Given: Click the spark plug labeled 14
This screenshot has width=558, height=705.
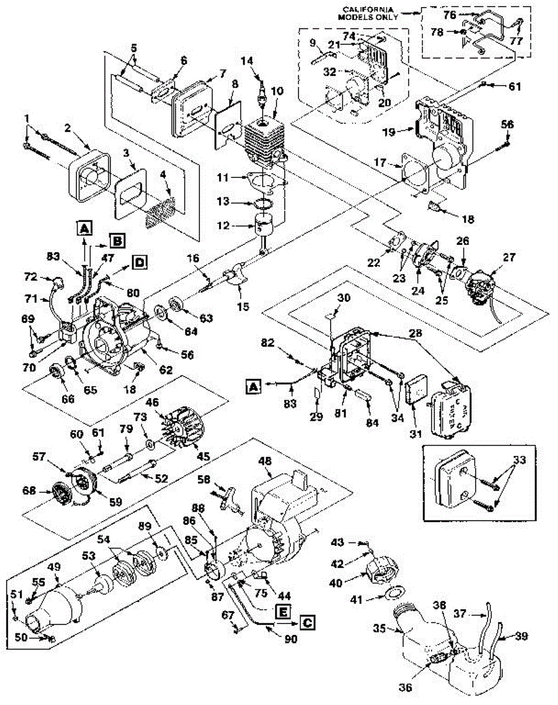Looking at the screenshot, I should click(x=263, y=93).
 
